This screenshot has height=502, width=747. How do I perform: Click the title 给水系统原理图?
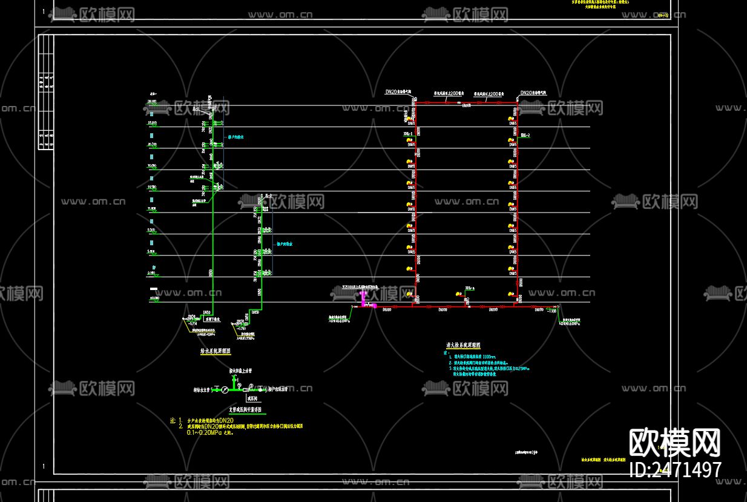coord(215,350)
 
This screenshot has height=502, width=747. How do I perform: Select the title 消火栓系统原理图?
coord(463,345)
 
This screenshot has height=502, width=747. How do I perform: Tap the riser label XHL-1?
coord(407,133)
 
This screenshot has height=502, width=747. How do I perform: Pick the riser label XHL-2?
coord(525,134)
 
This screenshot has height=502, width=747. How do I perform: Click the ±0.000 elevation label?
coord(154,298)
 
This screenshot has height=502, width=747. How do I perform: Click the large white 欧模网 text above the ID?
coord(675,443)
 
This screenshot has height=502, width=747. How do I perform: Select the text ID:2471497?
coord(676,469)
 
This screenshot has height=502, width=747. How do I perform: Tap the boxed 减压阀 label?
coord(252,399)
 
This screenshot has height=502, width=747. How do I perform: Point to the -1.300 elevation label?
coord(551,311)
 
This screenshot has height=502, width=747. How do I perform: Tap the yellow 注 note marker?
coord(173,420)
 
